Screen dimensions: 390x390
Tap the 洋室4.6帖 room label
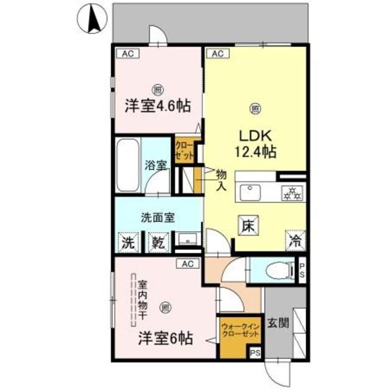(x=157, y=105)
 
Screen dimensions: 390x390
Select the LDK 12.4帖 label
(x=254, y=143)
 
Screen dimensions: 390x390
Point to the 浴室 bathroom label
(x=156, y=165)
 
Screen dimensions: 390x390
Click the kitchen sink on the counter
(x=250, y=193)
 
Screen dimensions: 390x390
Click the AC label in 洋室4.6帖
(x=128, y=54)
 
